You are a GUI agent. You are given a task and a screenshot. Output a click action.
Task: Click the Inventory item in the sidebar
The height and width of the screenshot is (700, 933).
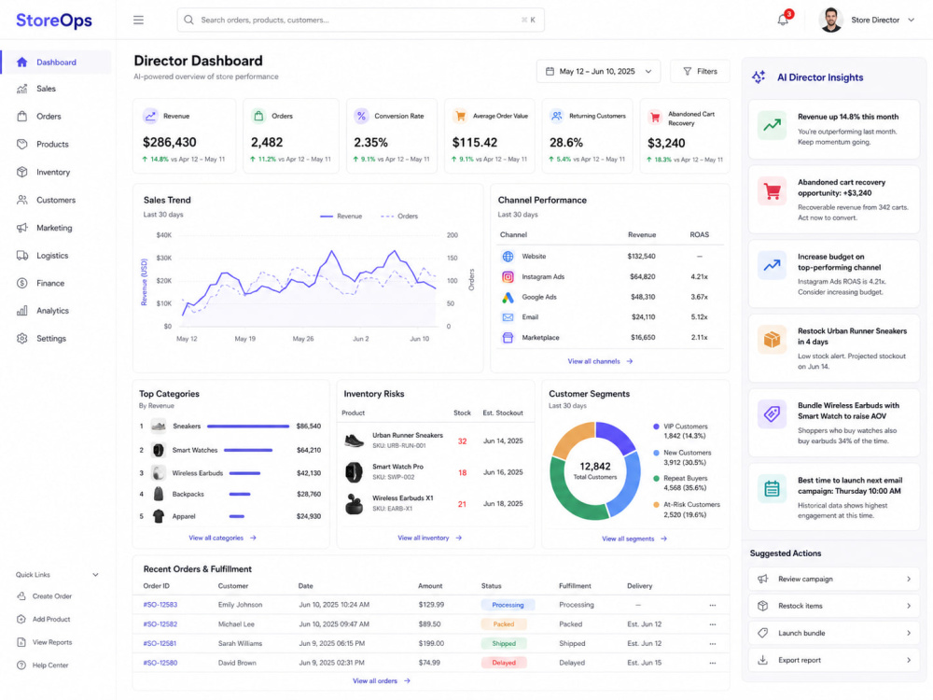(53, 172)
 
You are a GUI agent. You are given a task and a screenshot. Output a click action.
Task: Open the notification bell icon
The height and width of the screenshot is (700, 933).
(783, 20)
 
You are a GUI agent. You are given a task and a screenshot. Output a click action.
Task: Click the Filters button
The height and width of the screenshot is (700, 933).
(700, 72)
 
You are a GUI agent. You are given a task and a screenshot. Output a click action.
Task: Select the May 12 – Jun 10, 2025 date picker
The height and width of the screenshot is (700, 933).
(598, 72)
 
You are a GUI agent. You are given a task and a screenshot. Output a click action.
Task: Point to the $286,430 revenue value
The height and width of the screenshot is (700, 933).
(170, 142)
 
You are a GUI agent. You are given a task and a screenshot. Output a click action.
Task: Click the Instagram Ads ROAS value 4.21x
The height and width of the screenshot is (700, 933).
(699, 277)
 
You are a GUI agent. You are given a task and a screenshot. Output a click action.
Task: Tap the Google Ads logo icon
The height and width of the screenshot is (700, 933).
(508, 297)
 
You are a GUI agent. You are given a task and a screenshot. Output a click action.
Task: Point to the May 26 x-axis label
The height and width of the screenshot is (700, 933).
(303, 339)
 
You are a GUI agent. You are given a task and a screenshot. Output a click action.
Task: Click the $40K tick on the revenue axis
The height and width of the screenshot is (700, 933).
(163, 235)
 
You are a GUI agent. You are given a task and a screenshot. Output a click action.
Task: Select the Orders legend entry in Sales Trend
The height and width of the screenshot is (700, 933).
(399, 217)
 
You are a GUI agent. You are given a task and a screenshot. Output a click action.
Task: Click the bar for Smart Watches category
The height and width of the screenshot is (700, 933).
(248, 450)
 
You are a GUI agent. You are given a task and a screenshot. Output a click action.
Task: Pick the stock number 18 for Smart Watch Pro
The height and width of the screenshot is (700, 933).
(463, 472)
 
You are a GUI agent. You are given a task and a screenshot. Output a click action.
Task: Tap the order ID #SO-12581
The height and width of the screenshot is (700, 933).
(160, 643)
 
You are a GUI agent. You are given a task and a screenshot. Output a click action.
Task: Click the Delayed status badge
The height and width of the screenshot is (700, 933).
(504, 663)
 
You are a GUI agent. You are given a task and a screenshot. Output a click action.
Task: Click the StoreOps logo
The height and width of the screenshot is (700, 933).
(54, 21)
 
